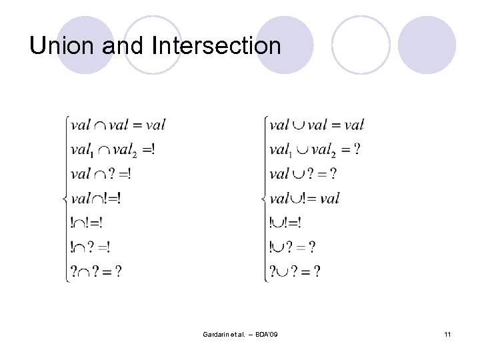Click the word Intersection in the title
(x=217, y=46)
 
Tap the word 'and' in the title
(x=123, y=46)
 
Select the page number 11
(x=447, y=333)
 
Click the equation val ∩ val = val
(x=117, y=125)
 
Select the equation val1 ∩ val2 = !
(x=113, y=150)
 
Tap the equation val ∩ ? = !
(x=101, y=174)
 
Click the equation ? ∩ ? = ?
(x=96, y=271)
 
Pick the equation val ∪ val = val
(x=317, y=125)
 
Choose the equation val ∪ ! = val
(x=305, y=198)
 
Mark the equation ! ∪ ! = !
(x=285, y=223)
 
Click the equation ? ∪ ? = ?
(x=295, y=271)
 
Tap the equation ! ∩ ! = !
(x=87, y=223)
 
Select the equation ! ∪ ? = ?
(x=293, y=247)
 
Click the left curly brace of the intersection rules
(x=65, y=199)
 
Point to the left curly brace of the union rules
(x=264, y=199)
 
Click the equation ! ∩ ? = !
(x=91, y=247)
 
